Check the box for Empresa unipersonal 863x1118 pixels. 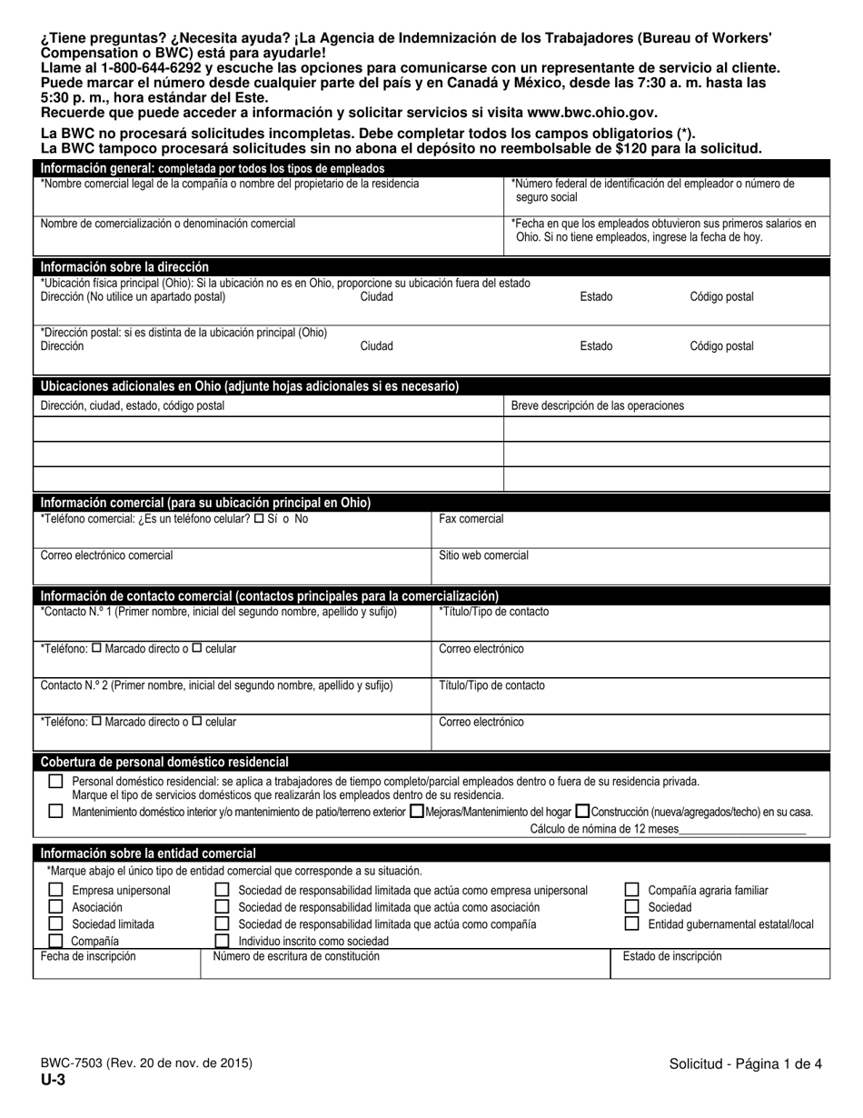tap(55, 890)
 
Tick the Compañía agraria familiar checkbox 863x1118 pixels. tap(631, 890)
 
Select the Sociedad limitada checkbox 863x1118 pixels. tap(55, 923)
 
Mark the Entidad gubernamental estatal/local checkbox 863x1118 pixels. tap(631, 923)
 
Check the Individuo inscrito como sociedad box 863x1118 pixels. tap(222, 941)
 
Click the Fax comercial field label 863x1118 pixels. tap(471, 519)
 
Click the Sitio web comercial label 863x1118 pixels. tap(483, 554)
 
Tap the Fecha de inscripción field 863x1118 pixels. tap(88, 956)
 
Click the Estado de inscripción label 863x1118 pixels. tap(671, 956)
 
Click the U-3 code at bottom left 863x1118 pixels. tap(52, 1080)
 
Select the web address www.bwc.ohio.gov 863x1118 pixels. tap(590, 113)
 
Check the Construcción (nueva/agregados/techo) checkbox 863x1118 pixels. tap(582, 812)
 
